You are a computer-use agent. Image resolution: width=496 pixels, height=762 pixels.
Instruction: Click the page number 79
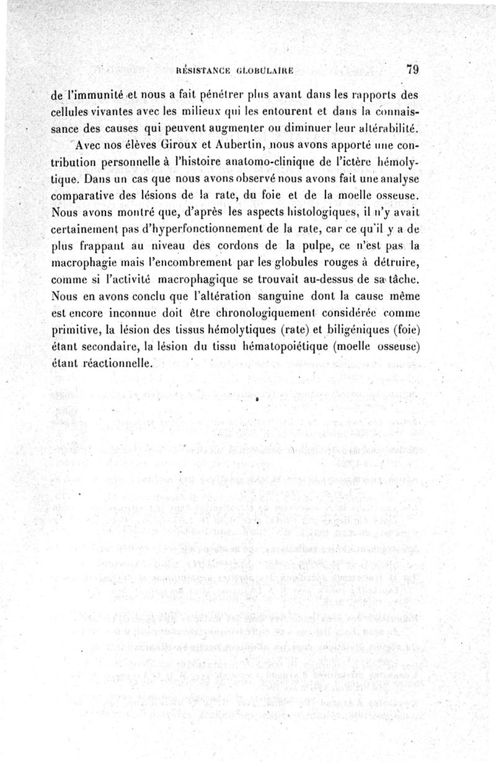pos(412,70)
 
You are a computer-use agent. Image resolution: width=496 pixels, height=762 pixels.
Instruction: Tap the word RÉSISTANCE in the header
pos(204,71)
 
